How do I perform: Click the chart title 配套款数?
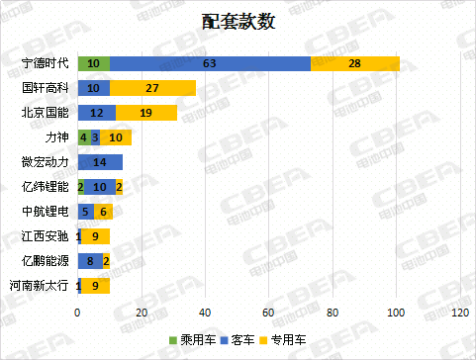(237, 23)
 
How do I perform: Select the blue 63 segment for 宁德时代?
(210, 63)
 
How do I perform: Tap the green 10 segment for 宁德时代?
(93, 63)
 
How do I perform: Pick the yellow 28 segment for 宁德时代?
(354, 63)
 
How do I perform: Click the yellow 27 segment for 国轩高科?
(152, 88)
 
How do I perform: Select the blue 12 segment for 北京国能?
(97, 113)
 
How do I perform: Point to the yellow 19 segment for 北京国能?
(145, 113)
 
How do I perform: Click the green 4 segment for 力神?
(83, 137)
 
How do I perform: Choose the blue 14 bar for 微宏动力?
(100, 162)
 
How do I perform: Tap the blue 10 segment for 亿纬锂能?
(100, 187)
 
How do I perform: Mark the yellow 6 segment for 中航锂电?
(103, 212)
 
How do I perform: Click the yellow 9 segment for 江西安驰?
(95, 236)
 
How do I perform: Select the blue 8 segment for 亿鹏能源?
(90, 261)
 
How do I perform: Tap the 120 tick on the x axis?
(459, 314)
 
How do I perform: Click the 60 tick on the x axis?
(268, 314)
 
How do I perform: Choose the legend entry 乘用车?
(185, 340)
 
